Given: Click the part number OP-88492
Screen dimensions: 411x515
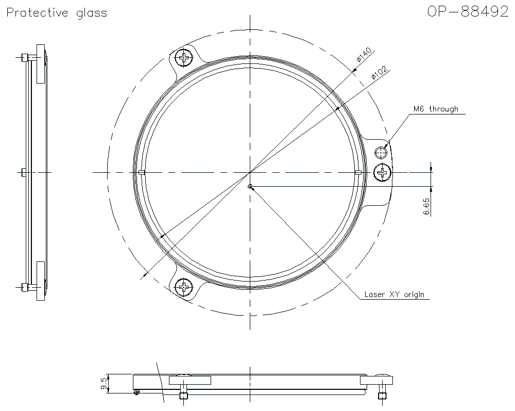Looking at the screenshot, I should (x=468, y=12).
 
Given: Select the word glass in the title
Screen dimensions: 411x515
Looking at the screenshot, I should (x=90, y=13).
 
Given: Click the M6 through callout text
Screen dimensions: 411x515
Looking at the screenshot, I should (x=435, y=109).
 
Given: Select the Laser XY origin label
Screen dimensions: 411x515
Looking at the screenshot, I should (x=394, y=294).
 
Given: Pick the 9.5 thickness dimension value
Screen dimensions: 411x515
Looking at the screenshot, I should (x=104, y=384).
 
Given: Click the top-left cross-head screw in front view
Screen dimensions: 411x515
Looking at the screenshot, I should (x=183, y=58).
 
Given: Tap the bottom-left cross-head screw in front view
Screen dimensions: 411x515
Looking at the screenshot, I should (x=183, y=286).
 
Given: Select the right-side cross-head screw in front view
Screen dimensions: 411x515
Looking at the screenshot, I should (x=383, y=172).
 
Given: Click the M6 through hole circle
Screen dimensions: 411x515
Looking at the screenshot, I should (x=381, y=152).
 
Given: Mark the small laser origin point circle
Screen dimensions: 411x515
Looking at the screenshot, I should (x=250, y=187).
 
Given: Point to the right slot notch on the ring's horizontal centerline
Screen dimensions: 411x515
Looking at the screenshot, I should (x=357, y=172).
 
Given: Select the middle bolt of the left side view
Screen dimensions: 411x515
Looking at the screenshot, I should (x=24, y=172).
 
